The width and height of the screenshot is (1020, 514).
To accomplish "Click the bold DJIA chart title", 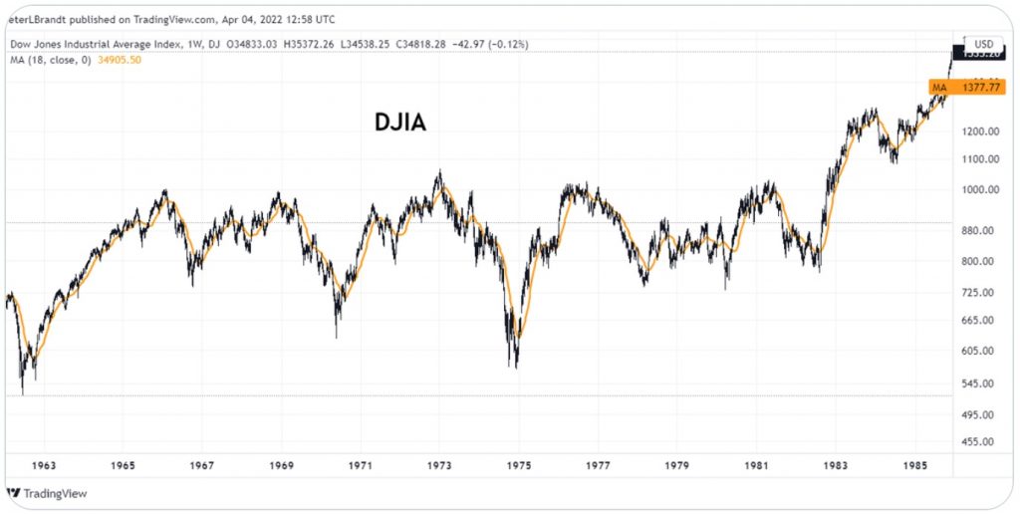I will (400, 123).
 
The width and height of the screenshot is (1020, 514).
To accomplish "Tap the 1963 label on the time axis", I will (43, 465).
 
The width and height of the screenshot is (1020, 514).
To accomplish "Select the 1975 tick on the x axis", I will (518, 465).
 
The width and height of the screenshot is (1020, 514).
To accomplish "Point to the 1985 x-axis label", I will (915, 465).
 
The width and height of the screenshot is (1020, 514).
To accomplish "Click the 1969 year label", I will (281, 465).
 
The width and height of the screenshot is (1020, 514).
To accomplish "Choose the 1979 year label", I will (676, 465).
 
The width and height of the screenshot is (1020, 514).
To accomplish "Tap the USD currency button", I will (983, 45).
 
